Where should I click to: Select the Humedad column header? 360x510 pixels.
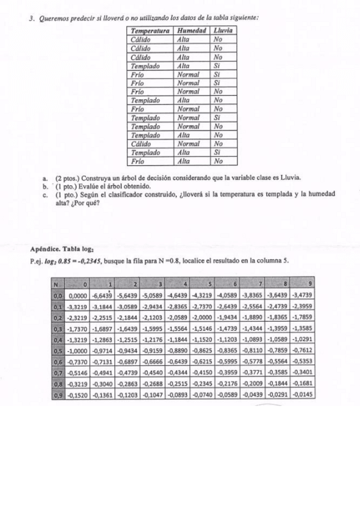pyautogui.click(x=192, y=30)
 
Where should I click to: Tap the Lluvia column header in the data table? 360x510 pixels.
pyautogui.click(x=223, y=30)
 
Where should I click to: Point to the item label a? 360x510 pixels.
pyautogui.click(x=45, y=179)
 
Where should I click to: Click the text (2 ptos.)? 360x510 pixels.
pyautogui.click(x=67, y=179)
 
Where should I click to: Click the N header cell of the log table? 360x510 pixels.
pyautogui.click(x=55, y=284)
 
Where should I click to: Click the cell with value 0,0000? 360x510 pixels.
pyautogui.click(x=78, y=296)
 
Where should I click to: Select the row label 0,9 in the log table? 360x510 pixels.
pyautogui.click(x=58, y=395)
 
